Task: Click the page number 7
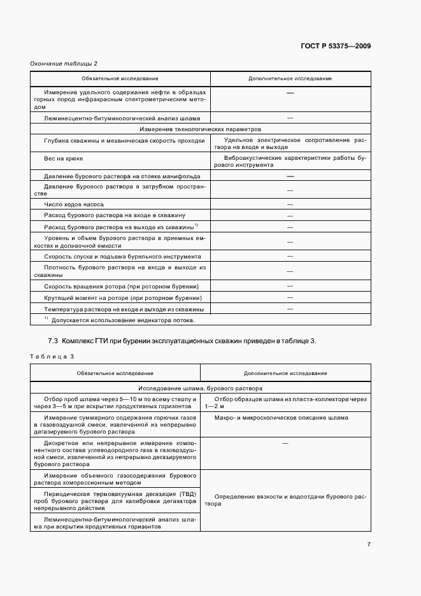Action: coord(369,544)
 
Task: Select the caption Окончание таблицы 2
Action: coord(64,64)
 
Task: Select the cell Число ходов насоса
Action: coord(74,204)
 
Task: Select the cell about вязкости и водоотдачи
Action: coord(290,499)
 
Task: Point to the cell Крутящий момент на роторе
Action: coord(123,297)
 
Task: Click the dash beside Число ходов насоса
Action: coord(290,204)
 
